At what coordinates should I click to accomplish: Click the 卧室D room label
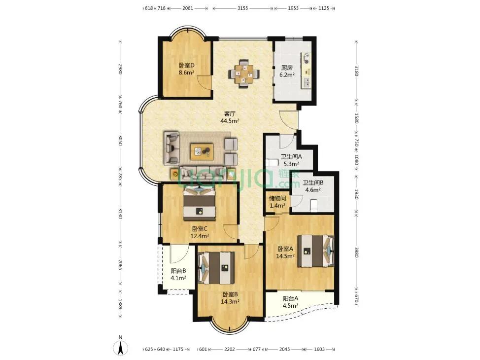187,65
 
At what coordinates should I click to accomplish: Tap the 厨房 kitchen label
287,68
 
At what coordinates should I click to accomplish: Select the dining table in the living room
243,74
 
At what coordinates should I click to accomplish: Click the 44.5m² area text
230,121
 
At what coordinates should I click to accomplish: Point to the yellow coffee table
202,151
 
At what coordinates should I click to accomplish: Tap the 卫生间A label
291,156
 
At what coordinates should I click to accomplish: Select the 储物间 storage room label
277,198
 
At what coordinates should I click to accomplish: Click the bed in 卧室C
200,204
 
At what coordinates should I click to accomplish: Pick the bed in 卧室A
315,251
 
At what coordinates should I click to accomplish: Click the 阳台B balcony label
178,271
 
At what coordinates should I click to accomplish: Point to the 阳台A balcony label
290,298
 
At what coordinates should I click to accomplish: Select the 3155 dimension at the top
243,8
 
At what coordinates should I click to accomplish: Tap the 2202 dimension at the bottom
230,349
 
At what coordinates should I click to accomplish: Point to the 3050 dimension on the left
120,141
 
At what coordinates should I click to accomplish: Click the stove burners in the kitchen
306,58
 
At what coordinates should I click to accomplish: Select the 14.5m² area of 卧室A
285,256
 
